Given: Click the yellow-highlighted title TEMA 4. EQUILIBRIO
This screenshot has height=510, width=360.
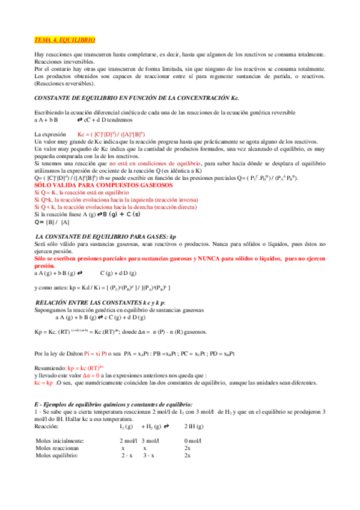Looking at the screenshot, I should (64, 39).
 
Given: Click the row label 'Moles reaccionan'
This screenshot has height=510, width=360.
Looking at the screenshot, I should (57, 448).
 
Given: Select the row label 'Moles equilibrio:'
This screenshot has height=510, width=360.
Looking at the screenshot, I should (57, 455).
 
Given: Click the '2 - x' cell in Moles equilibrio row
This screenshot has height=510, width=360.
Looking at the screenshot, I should (126, 455).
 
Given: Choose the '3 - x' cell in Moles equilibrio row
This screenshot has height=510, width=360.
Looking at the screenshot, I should (148, 455).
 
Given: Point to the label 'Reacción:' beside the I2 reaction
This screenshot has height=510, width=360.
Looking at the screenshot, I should (47, 426).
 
